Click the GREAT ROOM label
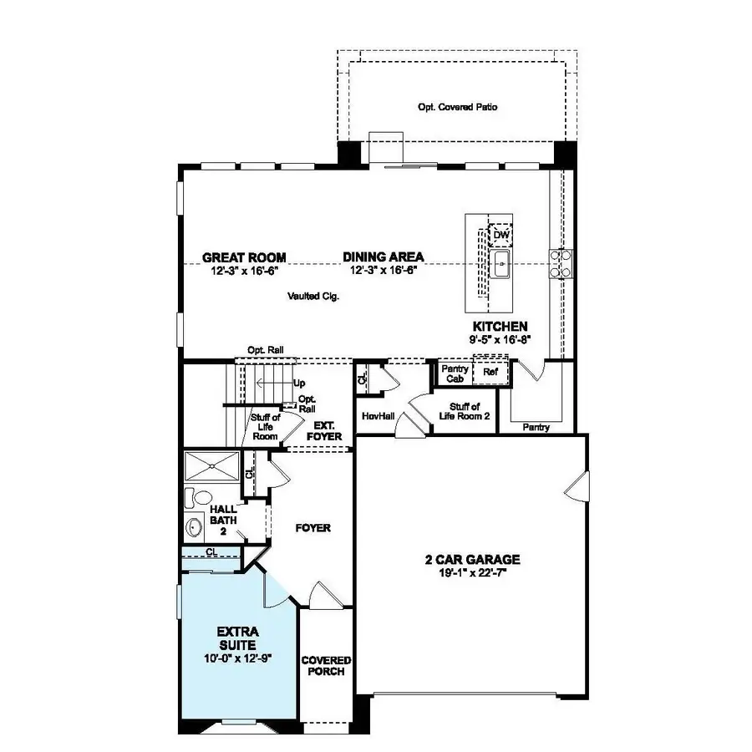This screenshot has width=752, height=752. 244,257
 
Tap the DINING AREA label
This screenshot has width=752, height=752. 383,257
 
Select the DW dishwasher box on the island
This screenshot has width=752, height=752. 500,235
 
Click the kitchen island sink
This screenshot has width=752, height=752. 501,267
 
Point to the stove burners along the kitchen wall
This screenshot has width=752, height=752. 559,263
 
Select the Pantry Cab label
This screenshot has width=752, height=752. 455,373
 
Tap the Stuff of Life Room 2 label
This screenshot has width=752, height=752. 464,410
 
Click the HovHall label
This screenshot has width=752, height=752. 378,415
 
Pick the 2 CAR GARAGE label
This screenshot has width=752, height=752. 472,560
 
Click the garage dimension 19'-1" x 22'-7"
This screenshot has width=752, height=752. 472,572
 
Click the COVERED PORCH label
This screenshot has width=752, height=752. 326,665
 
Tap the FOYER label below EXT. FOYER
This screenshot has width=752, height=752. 314,528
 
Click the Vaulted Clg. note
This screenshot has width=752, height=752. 312,296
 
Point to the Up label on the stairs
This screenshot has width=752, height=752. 299,384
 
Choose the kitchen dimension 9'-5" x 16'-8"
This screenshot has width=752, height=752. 500,339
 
